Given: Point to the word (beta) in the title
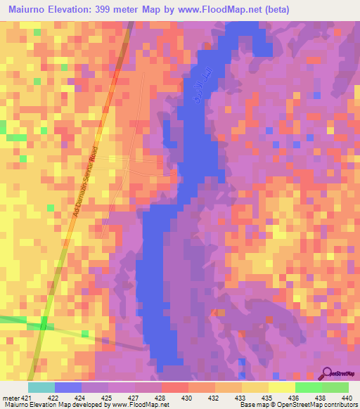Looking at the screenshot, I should (x=274, y=9).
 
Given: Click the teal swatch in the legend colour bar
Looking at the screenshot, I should (x=41, y=387).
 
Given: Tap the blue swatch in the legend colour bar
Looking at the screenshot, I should (x=67, y=387).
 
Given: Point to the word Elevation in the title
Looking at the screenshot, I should (x=73, y=9).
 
